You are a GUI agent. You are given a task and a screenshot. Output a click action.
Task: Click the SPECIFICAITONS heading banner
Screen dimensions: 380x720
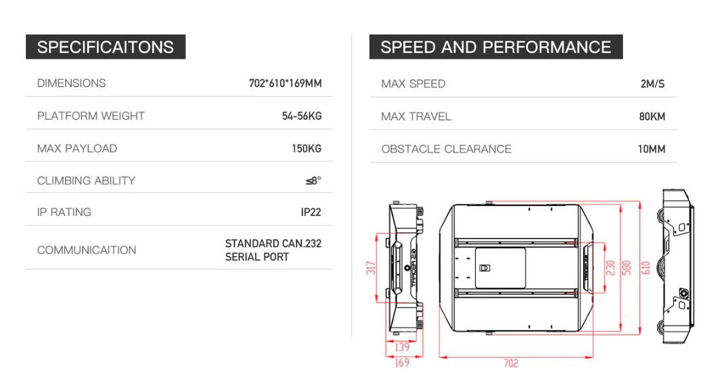point(105,47)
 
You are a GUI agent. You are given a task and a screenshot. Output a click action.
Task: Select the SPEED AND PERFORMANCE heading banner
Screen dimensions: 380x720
point(496,47)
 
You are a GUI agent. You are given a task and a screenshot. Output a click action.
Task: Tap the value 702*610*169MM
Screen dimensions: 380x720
point(285,83)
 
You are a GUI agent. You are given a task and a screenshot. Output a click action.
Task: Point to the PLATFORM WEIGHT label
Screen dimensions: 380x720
point(91,116)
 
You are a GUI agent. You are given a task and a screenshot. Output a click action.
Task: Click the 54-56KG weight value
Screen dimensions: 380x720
point(302,116)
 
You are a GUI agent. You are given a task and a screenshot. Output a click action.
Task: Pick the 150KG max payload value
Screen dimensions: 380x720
point(306,148)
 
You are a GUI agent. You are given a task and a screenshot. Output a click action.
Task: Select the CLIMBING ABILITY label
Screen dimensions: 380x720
point(86,181)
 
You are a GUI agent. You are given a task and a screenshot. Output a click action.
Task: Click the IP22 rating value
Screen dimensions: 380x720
point(311,212)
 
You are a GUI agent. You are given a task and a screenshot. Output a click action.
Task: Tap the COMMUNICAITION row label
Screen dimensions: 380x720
point(87,250)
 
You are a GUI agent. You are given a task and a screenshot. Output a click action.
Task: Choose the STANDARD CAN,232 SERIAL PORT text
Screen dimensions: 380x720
point(273,250)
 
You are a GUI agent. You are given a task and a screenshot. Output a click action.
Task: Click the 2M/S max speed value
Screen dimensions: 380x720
point(652,84)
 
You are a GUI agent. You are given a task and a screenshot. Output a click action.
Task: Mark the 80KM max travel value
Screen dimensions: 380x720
point(652,117)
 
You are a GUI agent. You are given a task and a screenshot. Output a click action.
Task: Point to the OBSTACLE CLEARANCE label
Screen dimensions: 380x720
point(446,149)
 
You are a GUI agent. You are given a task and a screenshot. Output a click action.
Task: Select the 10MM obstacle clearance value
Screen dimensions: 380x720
point(652,149)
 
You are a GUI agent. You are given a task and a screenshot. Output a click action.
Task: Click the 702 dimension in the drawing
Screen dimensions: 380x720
point(511,364)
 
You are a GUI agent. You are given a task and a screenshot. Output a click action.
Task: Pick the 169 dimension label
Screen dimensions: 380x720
point(401,364)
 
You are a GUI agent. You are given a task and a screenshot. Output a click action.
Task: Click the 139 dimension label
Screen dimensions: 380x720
point(401,347)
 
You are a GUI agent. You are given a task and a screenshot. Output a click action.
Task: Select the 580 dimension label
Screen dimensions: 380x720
point(627,268)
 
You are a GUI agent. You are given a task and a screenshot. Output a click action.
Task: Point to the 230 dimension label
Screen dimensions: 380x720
point(611,268)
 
